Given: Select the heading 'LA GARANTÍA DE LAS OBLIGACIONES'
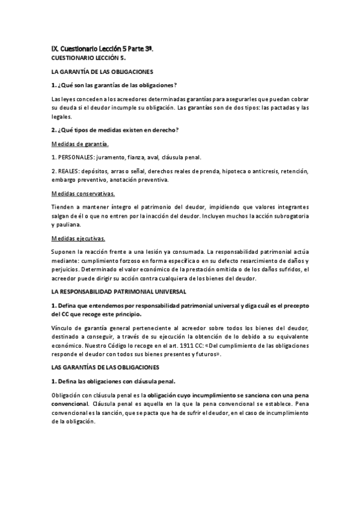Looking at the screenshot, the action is point(103,72).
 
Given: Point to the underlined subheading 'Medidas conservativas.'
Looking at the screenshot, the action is point(84,194).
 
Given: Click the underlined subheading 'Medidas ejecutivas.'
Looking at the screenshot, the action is point(79,239).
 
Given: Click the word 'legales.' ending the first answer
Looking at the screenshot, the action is point(62,117).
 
